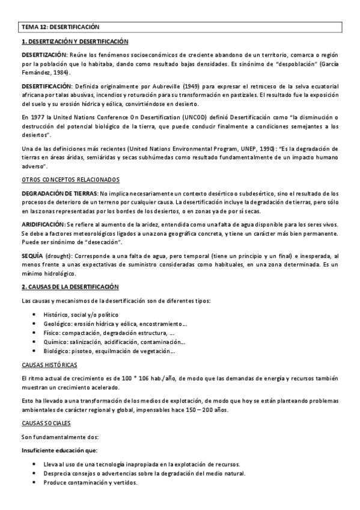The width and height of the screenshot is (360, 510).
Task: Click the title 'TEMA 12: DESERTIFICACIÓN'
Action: pos(60,27)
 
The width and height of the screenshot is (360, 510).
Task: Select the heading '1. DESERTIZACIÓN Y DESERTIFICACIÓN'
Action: pos(75,41)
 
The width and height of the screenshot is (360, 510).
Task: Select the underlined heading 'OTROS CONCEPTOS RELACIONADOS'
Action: pos(70,180)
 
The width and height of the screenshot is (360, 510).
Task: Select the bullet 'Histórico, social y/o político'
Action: pos(81,315)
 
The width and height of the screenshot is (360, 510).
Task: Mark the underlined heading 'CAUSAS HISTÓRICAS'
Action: pos(49,364)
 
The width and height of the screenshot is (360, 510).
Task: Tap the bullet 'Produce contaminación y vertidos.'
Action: pos(91,482)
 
